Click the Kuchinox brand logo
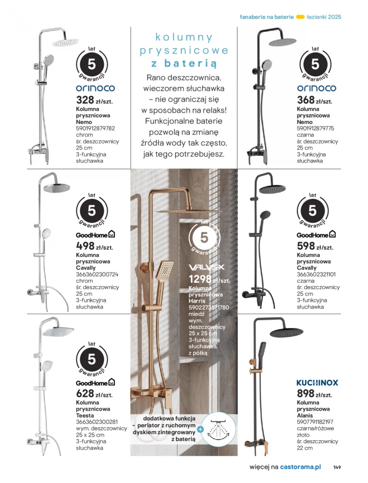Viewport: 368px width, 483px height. [x=317, y=383]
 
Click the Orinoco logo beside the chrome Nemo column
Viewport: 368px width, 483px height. [x=95, y=88]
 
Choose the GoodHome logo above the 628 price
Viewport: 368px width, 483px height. [x=95, y=383]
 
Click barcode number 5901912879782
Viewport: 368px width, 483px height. [x=96, y=129]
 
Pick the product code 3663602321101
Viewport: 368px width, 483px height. [x=317, y=275]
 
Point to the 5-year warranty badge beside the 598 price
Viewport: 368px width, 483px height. [x=313, y=210]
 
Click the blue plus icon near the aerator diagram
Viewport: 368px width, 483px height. [x=200, y=429]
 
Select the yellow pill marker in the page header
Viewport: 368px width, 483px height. [x=300, y=17]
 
